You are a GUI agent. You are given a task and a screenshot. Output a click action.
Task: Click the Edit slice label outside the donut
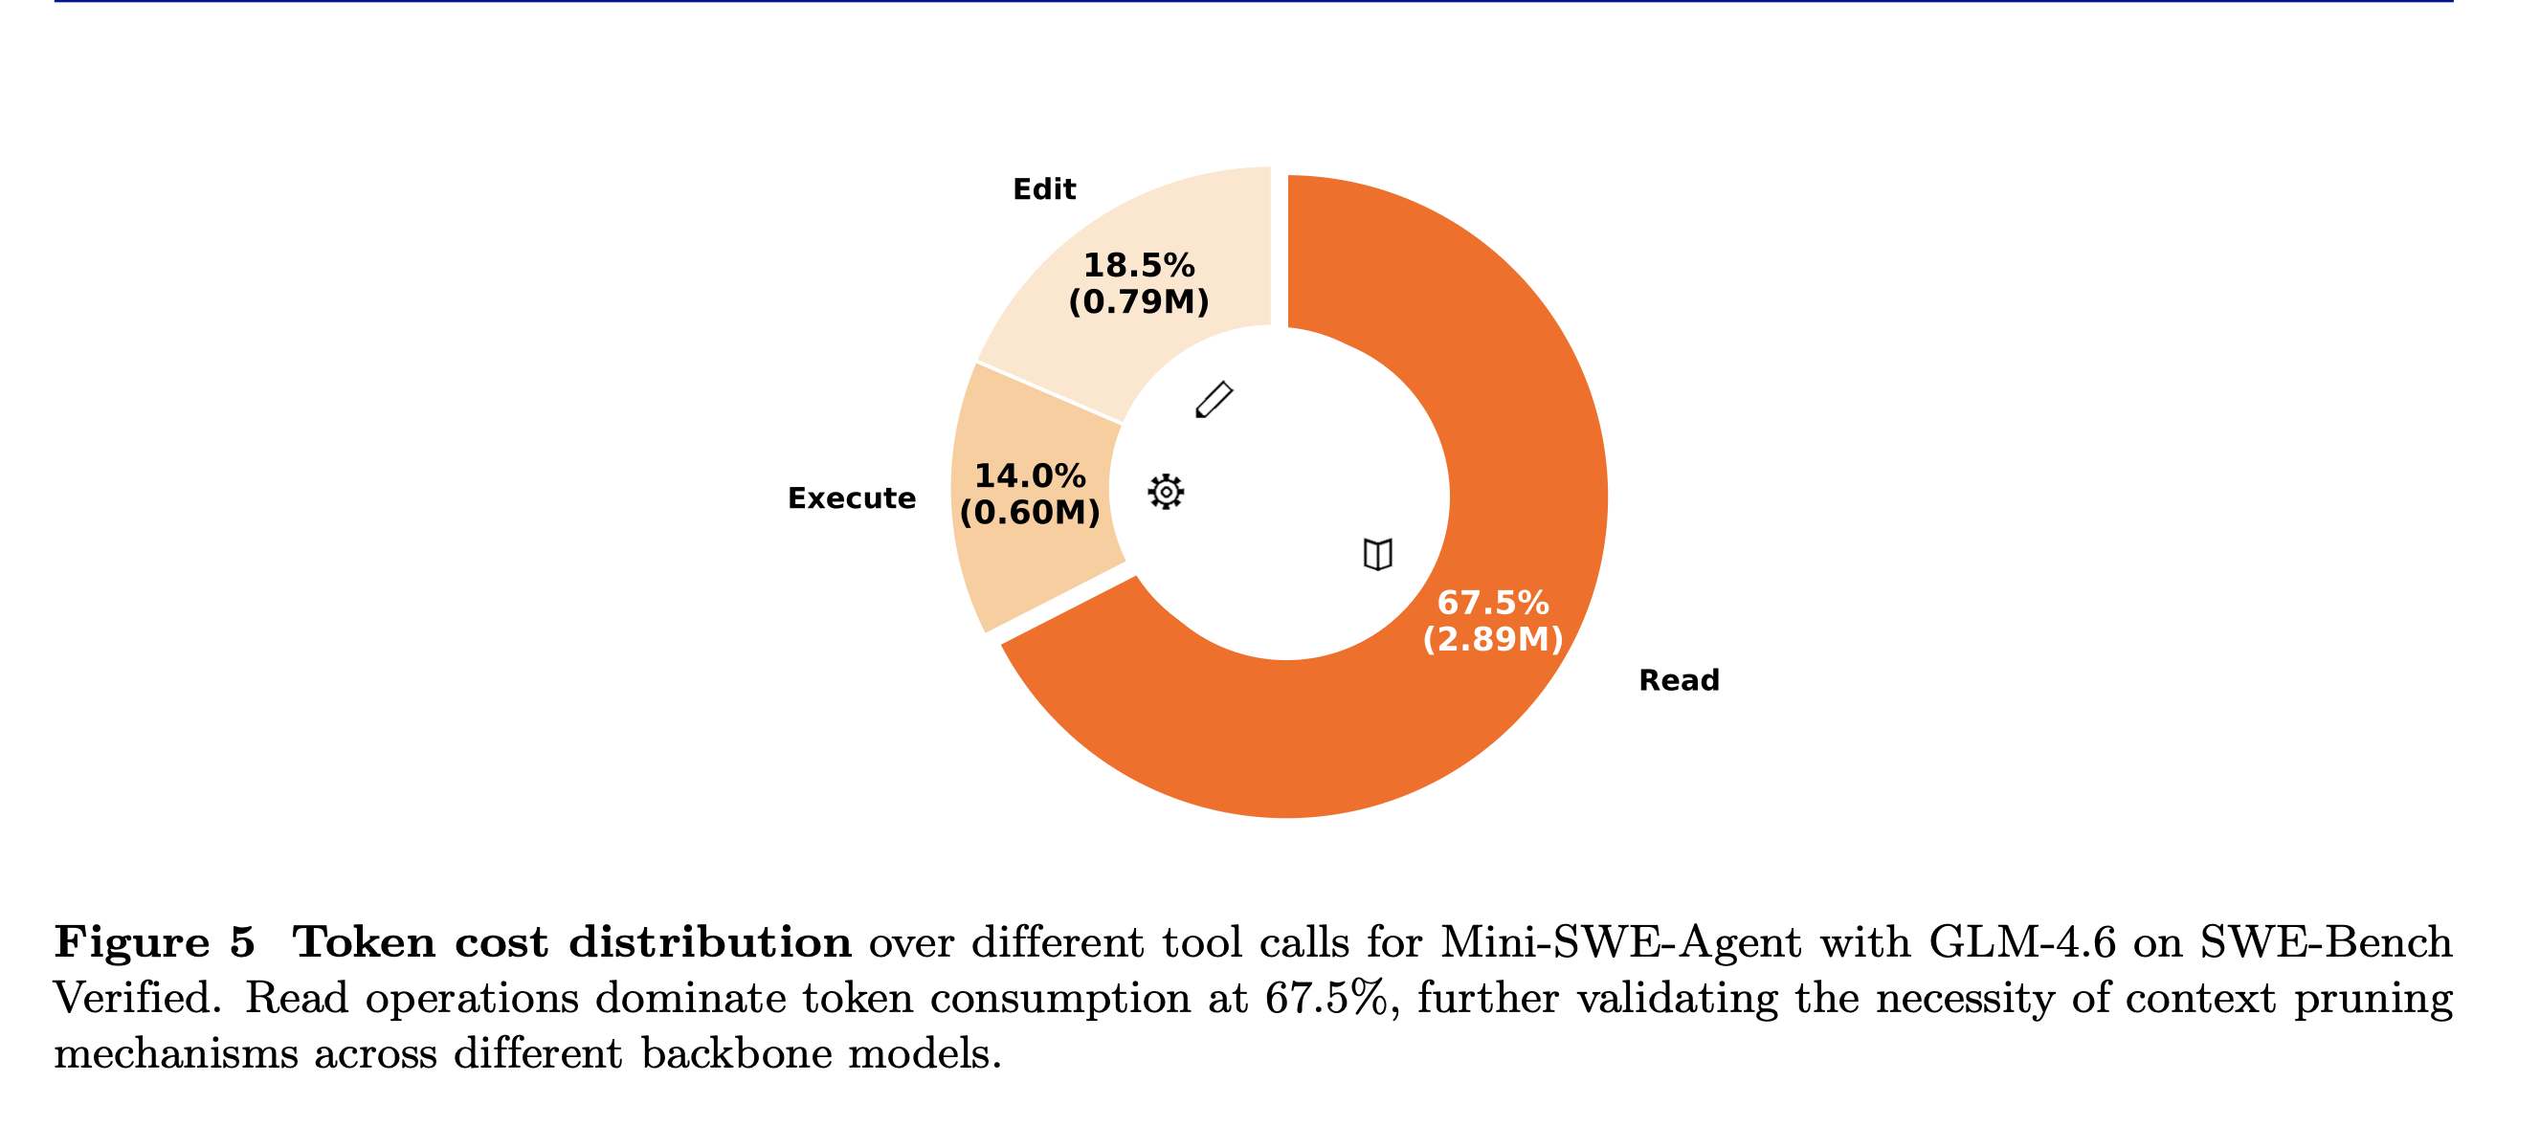1044,189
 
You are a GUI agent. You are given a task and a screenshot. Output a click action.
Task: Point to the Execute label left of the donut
851,498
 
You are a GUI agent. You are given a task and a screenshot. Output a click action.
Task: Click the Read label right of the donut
1679,680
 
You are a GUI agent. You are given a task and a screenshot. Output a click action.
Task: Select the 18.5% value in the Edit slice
1139,265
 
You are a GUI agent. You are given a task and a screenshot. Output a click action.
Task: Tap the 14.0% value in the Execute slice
1030,476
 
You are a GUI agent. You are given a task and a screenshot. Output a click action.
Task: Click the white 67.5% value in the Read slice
1493,602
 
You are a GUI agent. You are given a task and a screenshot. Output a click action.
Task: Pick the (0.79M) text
1139,301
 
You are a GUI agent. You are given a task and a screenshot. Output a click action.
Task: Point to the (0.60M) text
1030,513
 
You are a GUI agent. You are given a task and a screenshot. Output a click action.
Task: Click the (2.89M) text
1493,638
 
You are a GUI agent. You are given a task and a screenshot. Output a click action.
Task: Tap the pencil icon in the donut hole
1214,400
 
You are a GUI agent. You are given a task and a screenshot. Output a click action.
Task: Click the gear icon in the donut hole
1166,491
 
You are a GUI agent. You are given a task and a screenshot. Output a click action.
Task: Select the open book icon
1377,554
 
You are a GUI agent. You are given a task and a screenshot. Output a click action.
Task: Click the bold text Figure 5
155,942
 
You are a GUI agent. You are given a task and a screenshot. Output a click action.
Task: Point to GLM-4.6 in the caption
2021,942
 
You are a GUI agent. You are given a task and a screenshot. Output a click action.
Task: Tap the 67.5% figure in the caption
1327,998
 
